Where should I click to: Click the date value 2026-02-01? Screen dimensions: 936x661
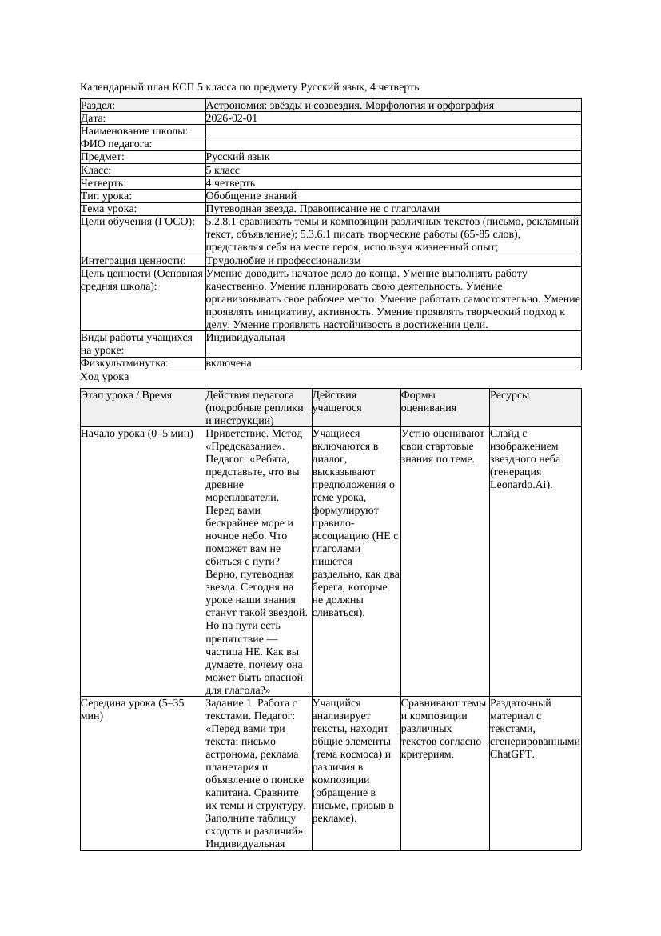[x=232, y=118]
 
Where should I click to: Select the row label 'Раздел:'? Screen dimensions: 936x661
[x=98, y=105]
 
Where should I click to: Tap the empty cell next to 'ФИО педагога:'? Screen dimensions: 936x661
[x=392, y=144]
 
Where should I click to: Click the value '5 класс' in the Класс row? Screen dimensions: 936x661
[x=223, y=170]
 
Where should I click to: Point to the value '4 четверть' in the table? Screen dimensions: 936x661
[x=230, y=182]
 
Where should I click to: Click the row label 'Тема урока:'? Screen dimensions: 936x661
[x=109, y=208]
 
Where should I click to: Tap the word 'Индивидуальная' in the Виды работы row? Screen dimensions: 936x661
[x=245, y=338]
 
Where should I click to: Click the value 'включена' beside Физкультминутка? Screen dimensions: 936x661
[x=229, y=362]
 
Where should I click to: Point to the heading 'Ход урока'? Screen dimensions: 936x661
[x=105, y=376]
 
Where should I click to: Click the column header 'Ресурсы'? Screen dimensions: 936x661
[x=510, y=394]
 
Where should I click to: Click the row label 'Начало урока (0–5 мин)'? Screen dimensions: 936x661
[x=137, y=433]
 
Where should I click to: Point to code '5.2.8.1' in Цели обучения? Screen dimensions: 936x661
[x=223, y=221]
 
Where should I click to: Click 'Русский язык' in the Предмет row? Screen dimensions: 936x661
[x=237, y=157]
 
